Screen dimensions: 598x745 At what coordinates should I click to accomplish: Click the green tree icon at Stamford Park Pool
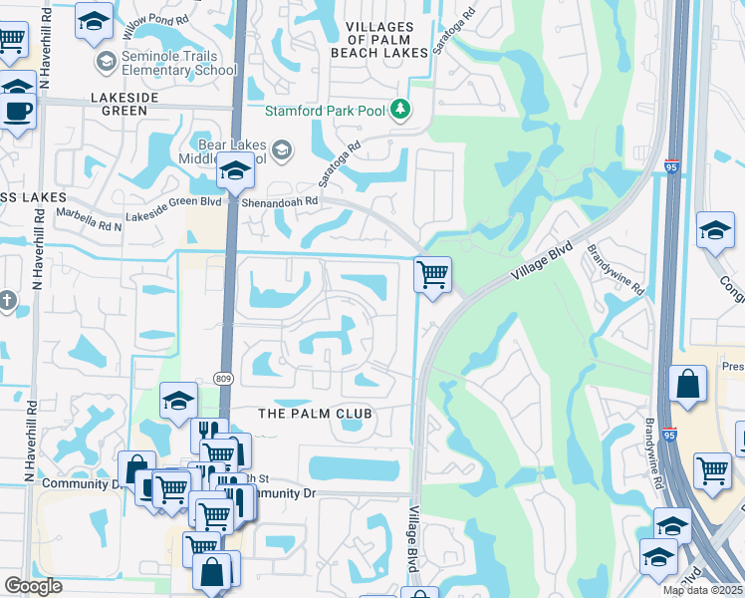click(x=400, y=109)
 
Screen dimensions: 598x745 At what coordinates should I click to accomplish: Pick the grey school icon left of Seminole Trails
click(x=106, y=63)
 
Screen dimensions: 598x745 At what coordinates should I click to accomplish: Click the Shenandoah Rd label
click(x=283, y=200)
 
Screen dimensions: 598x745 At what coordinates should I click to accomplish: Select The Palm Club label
click(x=315, y=414)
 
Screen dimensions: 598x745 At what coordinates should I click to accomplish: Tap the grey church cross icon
click(x=7, y=300)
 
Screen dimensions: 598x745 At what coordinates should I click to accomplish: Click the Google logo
click(x=33, y=586)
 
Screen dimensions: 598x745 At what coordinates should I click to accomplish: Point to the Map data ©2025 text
click(x=702, y=590)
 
